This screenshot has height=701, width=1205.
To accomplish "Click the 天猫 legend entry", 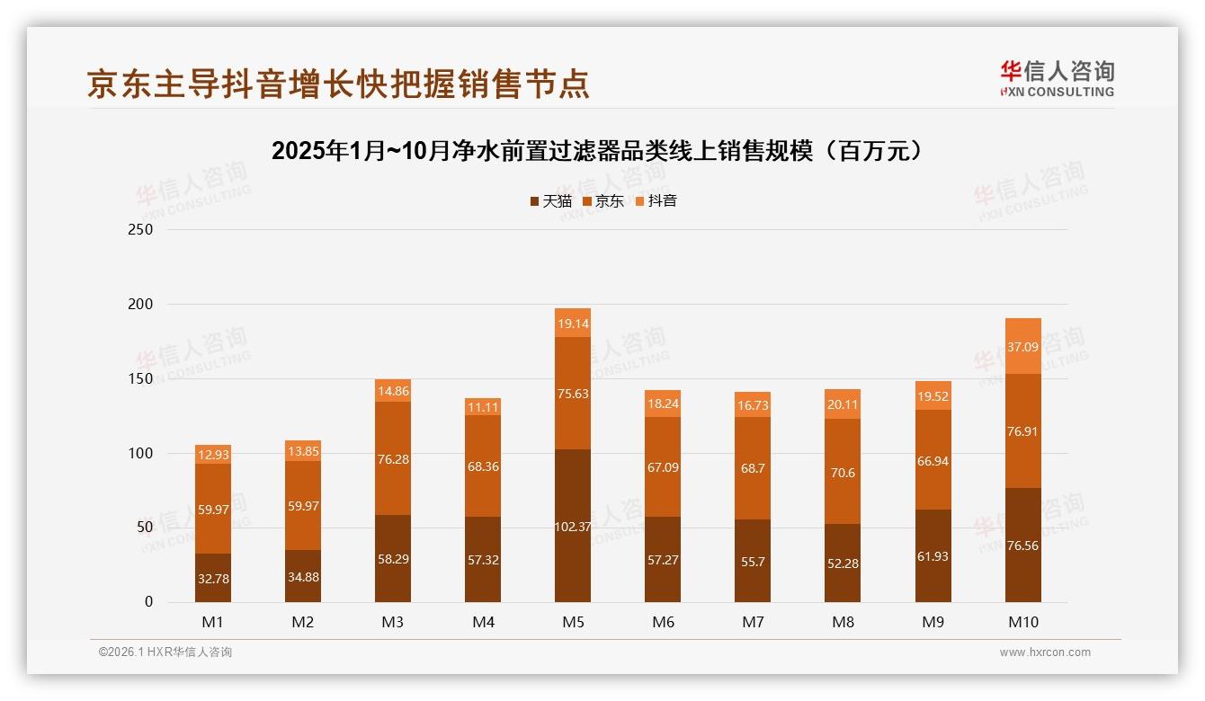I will coord(550,201).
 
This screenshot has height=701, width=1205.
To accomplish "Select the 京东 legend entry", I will coord(602,201).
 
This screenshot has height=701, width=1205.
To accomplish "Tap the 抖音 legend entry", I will coord(656,201).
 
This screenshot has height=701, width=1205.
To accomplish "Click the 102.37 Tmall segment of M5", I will coord(573,526).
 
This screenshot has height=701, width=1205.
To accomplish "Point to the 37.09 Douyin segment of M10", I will coord(1022,346).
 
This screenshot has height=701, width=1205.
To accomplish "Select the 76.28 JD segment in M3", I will coord(393,458).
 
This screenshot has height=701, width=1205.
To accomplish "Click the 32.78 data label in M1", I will coord(213,579).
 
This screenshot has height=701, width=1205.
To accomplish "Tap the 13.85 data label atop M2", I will coord(303,451).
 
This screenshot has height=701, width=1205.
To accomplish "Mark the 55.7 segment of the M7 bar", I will coord(753,560).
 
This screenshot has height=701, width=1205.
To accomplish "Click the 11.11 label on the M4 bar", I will coord(483,407).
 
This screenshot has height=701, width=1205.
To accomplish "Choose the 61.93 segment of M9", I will coord(933,555).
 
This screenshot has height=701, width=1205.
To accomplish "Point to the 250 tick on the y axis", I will coord(141,229).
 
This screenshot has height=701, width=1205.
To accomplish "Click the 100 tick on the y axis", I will coord(141,453).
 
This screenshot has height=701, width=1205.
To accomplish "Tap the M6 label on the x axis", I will coord(663,622).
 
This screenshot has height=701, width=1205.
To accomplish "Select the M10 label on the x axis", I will coord(1022,622).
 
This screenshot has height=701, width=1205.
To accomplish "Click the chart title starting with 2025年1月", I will coord(598,150).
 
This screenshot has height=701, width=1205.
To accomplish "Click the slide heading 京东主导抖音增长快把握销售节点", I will coord(338,84).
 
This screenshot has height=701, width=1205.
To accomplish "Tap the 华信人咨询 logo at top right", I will coord(1057,78).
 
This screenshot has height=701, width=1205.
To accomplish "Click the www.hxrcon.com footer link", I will coord(1045,652).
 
